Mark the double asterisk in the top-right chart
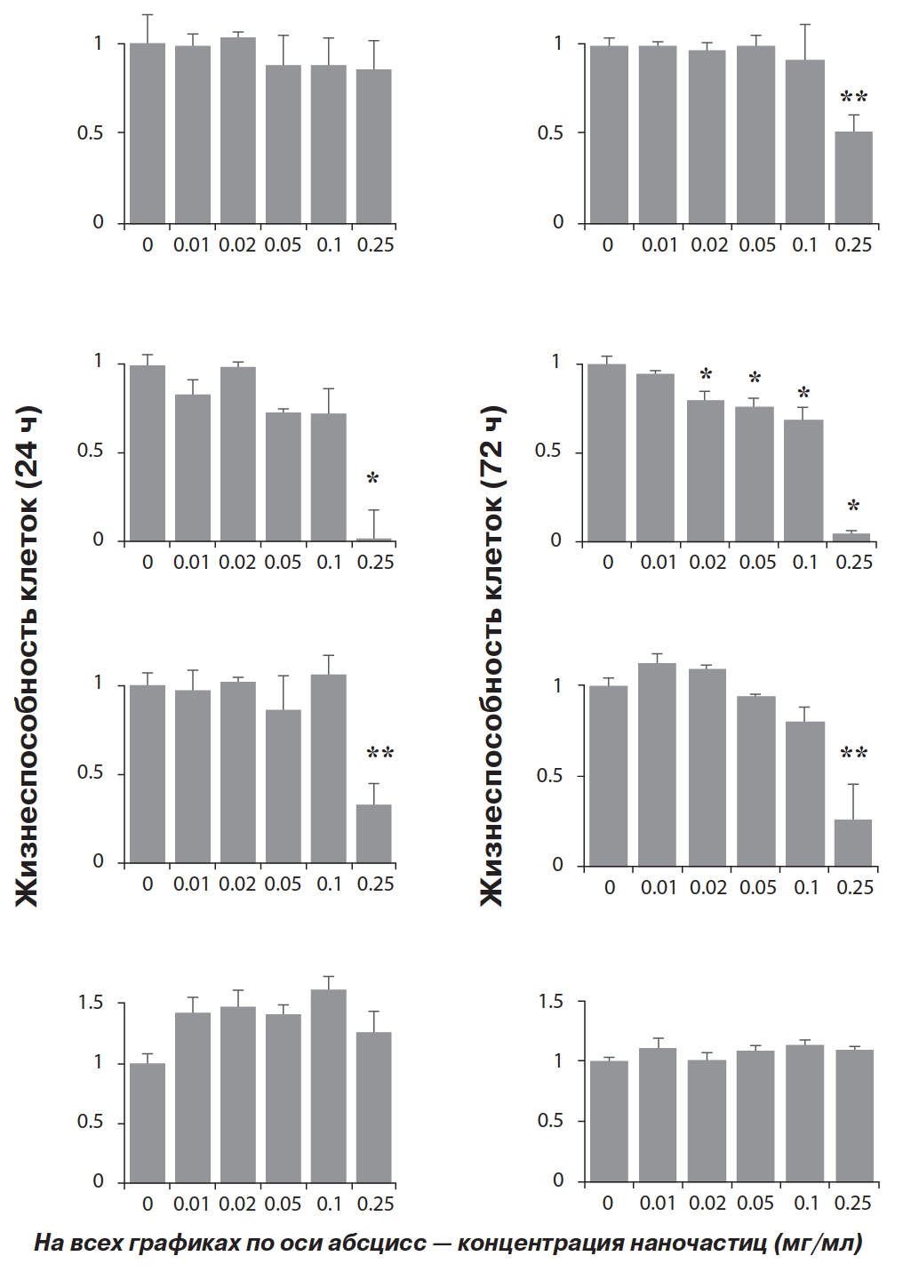pyautogui.click(x=854, y=97)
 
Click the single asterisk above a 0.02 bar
pyautogui.click(x=707, y=374)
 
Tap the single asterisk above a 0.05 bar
pyautogui.click(x=755, y=380)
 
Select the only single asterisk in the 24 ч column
pyautogui.click(x=372, y=480)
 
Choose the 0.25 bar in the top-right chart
pyautogui.click(x=854, y=177)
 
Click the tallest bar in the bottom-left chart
pyautogui.click(x=328, y=1084)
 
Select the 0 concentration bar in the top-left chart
pyautogui.click(x=148, y=132)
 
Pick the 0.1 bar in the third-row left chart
pyautogui.click(x=328, y=768)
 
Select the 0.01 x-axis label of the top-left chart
pyautogui.click(x=192, y=244)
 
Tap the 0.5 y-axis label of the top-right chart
pyautogui.click(x=551, y=133)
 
